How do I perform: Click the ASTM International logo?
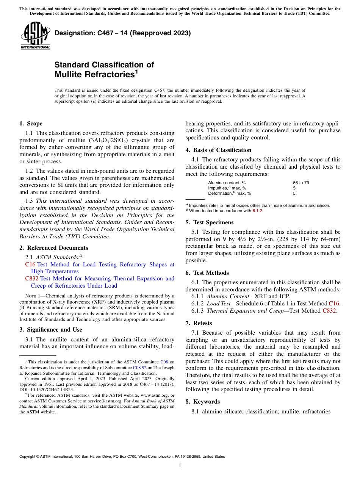(35, 36)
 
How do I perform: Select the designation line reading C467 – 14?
(122, 33)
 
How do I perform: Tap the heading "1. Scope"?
(31, 124)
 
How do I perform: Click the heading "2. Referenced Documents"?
(53, 248)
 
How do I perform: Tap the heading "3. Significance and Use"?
(50, 330)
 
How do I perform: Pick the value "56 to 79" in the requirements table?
(301, 183)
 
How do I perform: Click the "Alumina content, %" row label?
(227, 183)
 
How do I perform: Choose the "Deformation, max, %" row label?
(229, 193)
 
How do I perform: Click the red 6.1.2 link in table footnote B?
(257, 211)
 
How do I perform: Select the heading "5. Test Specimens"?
(209, 222)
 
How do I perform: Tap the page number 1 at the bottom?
(180, 466)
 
